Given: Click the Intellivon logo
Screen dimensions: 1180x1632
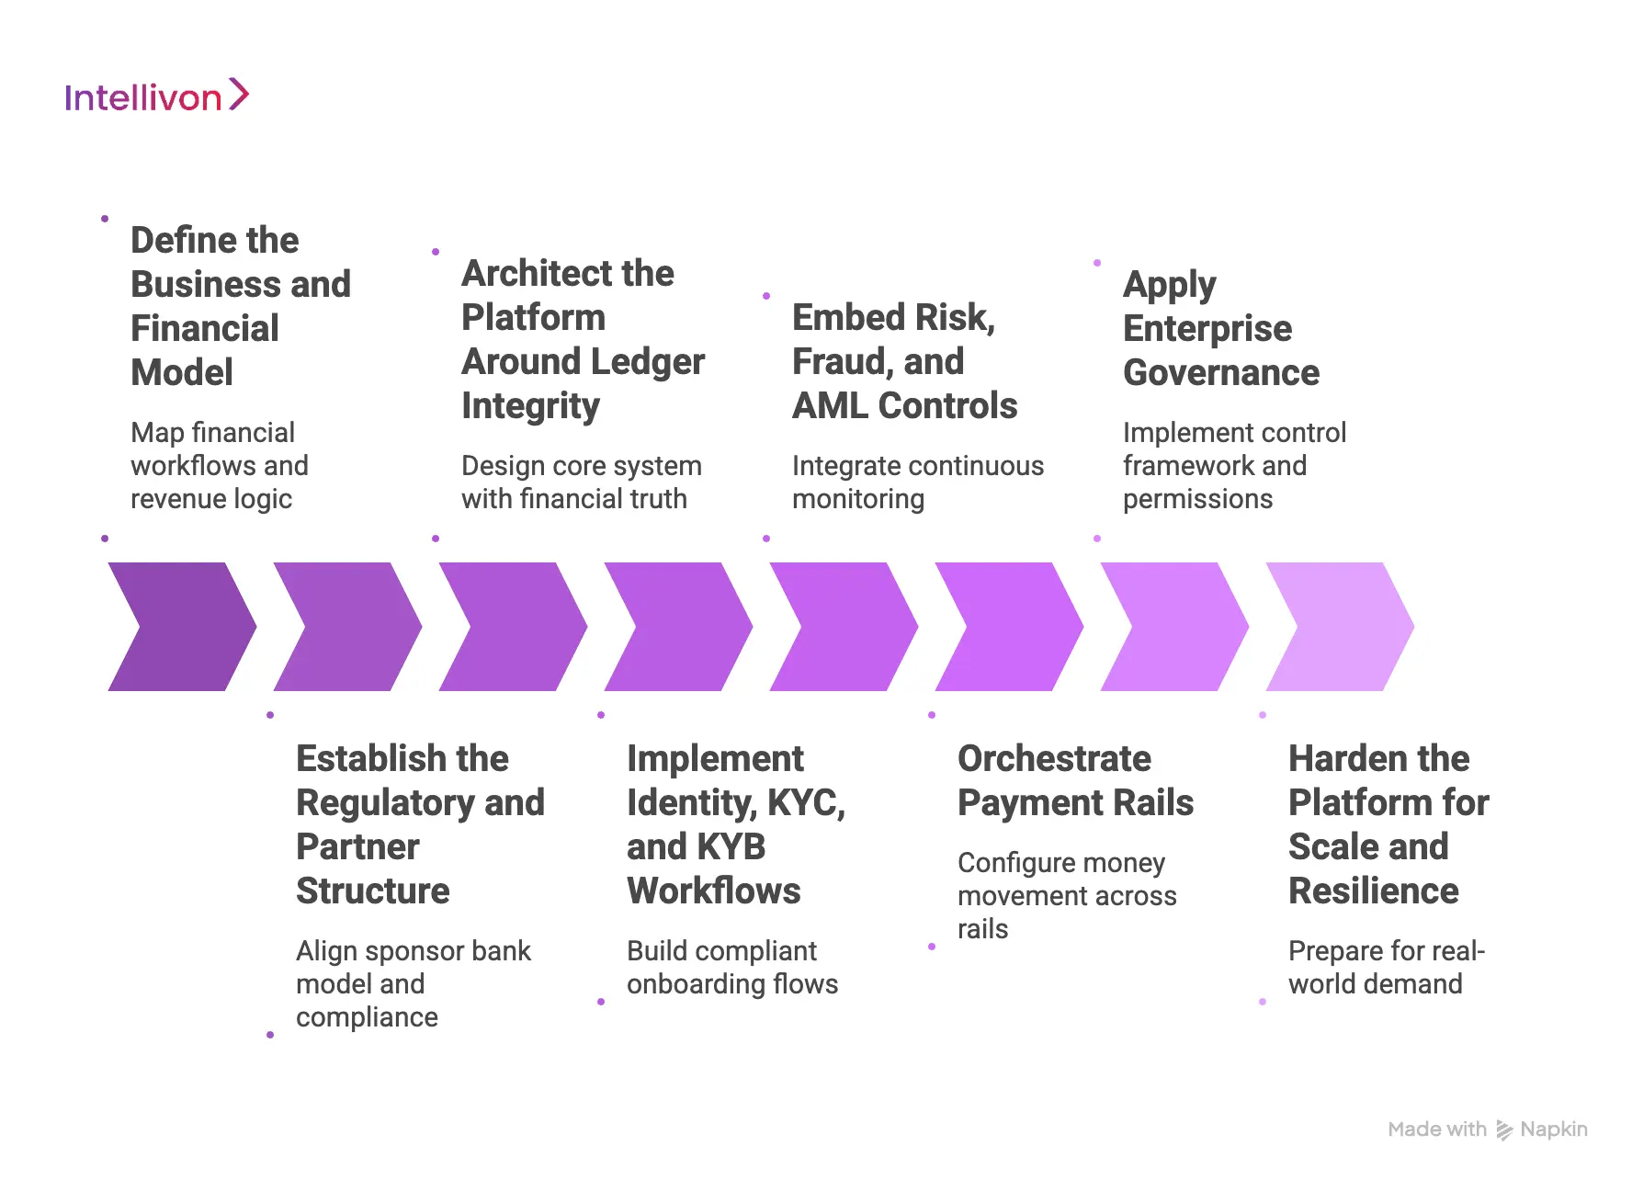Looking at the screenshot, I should [x=156, y=96].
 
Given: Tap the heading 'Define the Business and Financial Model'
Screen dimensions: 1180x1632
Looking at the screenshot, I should [x=240, y=306].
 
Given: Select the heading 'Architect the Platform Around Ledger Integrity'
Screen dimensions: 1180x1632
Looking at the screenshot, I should [x=583, y=339].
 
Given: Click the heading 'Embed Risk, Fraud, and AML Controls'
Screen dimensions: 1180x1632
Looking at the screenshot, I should [x=904, y=361].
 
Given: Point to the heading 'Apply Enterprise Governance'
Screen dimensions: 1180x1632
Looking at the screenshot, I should [x=1220, y=328].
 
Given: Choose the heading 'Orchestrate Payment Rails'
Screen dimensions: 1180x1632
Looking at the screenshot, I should [x=1075, y=780].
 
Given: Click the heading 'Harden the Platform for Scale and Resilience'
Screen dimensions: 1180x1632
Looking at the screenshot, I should [x=1388, y=824].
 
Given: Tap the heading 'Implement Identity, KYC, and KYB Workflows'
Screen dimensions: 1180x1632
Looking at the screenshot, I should [x=735, y=824].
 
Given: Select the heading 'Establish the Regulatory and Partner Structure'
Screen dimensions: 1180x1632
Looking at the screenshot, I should [x=420, y=824].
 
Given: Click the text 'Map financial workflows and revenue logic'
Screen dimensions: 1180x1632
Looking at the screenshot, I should [x=219, y=465].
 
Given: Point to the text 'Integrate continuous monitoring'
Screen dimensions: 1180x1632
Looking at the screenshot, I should [x=917, y=482].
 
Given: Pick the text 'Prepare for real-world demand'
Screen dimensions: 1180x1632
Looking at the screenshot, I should [x=1386, y=967].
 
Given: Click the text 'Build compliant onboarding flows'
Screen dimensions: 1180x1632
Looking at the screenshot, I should [x=731, y=967].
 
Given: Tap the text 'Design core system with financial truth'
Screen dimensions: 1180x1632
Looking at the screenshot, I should [x=581, y=482].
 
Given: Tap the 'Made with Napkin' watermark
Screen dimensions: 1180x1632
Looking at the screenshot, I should [x=1487, y=1129].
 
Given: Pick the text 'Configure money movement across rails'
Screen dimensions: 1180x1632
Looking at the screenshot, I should [x=1066, y=895].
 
